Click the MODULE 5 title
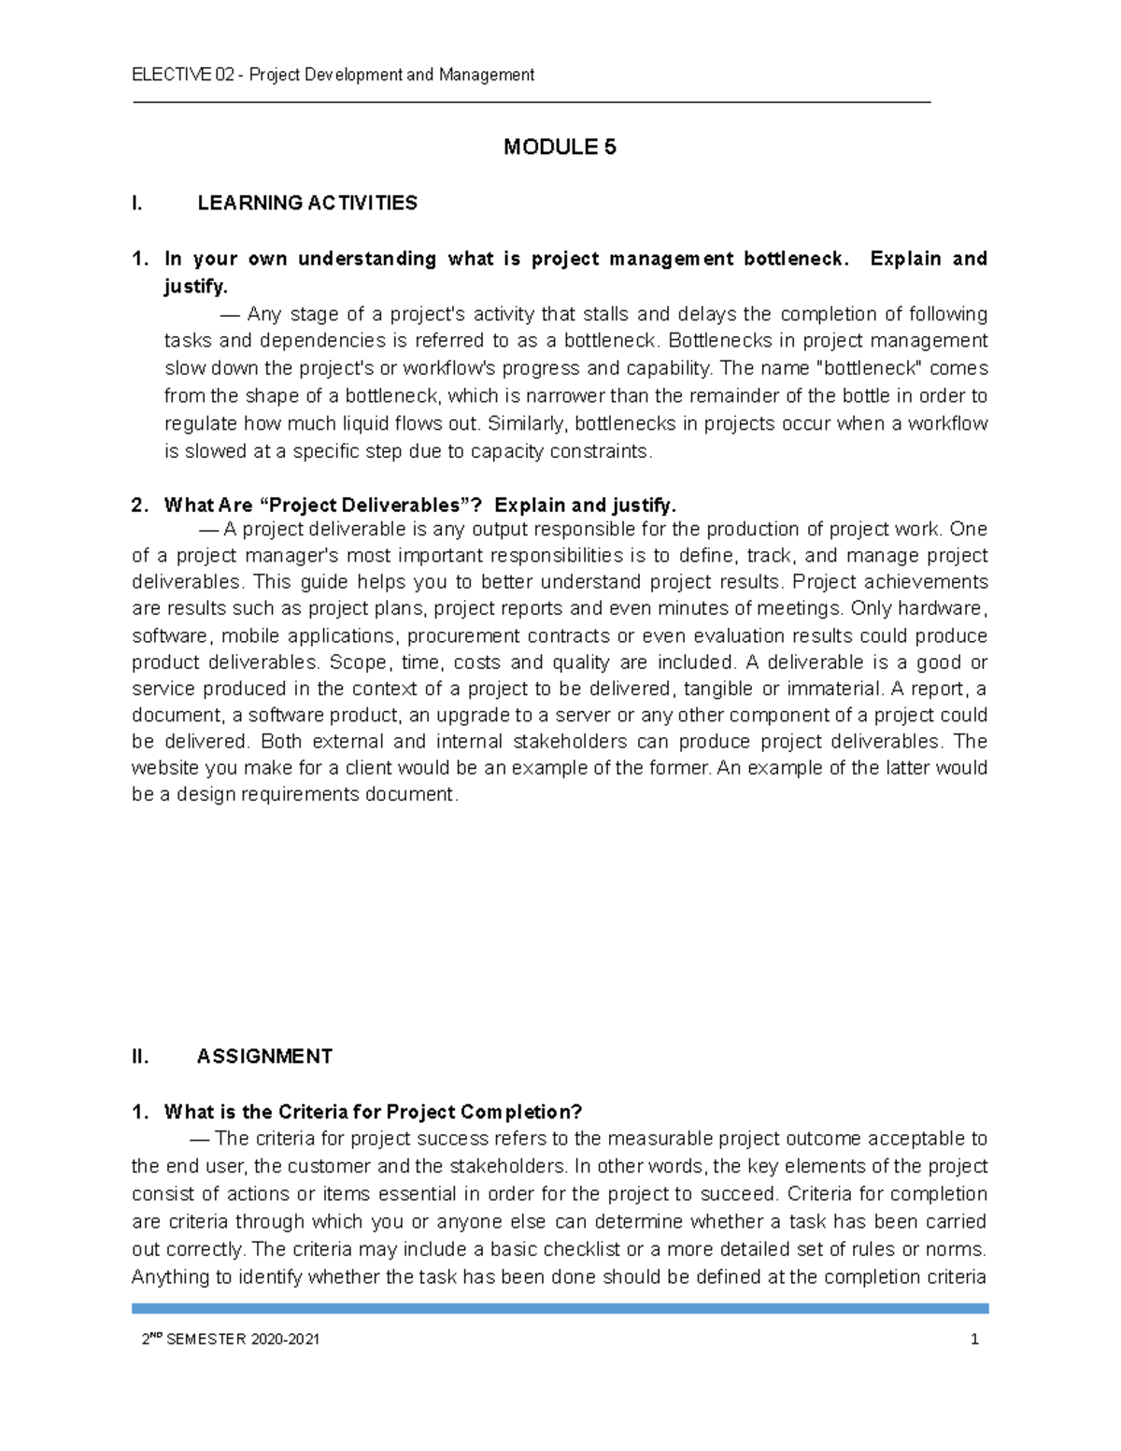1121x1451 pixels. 560,147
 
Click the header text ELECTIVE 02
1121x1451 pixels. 183,75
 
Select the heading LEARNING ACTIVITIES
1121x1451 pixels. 307,203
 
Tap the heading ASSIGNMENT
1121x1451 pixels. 264,1057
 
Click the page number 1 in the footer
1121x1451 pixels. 974,1339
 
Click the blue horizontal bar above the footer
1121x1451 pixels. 560,1308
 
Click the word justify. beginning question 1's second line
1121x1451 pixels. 195,286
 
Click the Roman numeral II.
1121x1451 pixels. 140,1057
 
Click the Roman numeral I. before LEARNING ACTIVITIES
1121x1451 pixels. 137,203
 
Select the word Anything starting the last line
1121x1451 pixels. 169,1276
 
